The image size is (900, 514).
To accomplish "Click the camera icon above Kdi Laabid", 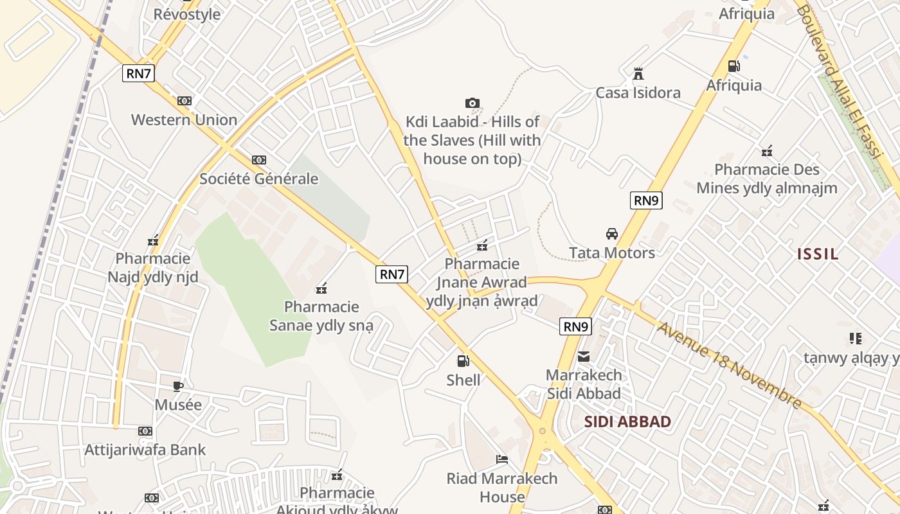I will [472, 103].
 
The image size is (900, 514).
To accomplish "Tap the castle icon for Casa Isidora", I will [638, 74].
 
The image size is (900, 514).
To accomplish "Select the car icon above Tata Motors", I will [612, 234].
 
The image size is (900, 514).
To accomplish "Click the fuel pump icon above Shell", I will [463, 361].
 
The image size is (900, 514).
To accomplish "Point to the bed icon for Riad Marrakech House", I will [502, 459].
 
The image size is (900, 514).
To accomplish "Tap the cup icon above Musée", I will [178, 386].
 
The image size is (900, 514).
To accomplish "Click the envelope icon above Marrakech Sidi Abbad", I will [584, 357].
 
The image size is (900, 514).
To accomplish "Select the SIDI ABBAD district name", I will [628, 422].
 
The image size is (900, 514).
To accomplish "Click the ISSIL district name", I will [818, 254].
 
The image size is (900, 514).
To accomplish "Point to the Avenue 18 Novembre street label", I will [729, 364].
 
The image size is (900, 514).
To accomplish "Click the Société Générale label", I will [258, 179].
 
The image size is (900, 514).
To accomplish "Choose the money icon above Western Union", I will [184, 101].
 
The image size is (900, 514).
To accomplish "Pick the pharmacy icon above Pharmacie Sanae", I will [321, 288].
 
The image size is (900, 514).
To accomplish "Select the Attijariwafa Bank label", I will [145, 450].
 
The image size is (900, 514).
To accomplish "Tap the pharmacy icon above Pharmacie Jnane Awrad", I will [482, 245].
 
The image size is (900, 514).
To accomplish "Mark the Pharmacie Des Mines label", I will [767, 179].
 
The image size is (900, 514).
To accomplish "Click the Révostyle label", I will [187, 14].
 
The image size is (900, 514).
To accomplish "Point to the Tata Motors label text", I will [612, 253].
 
